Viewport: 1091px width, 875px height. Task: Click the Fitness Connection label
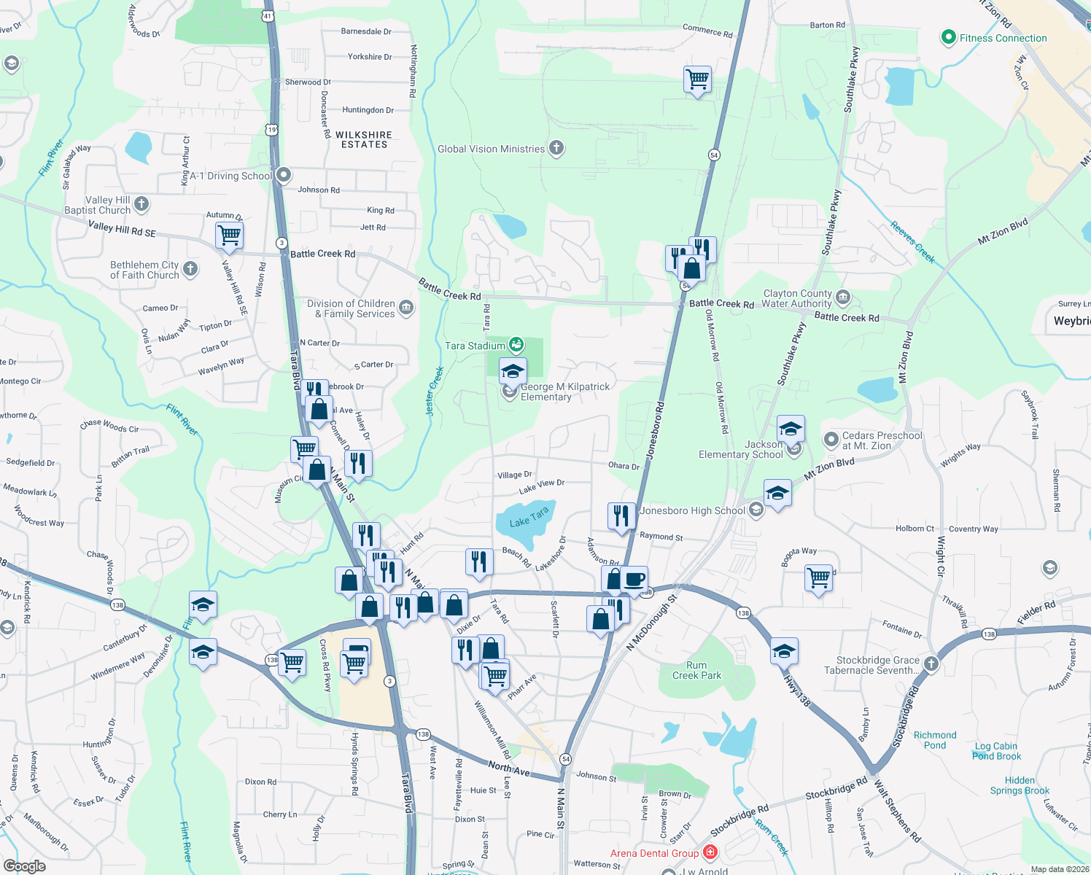pyautogui.click(x=1003, y=39)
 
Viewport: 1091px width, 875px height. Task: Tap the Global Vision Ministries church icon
pyautogui.click(x=556, y=149)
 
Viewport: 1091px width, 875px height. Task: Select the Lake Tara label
pyautogui.click(x=529, y=518)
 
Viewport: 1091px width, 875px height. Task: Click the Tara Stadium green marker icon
pyautogui.click(x=516, y=344)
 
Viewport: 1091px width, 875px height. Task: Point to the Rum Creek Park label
pyautogui.click(x=696, y=670)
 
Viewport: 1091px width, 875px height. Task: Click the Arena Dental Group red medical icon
pyautogui.click(x=710, y=852)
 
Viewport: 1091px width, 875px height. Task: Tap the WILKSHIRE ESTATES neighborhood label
pyautogui.click(x=364, y=140)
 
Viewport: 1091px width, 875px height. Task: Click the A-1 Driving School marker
pyautogui.click(x=284, y=175)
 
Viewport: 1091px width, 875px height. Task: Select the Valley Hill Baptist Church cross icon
pyautogui.click(x=141, y=205)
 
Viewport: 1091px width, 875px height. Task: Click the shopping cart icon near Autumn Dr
pyautogui.click(x=230, y=236)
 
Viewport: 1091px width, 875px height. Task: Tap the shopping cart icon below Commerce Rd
pyautogui.click(x=698, y=79)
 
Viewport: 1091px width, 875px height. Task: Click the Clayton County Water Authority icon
pyautogui.click(x=843, y=297)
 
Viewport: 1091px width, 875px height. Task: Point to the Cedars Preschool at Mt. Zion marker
pyautogui.click(x=831, y=440)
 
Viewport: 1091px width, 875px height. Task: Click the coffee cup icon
pyautogui.click(x=634, y=580)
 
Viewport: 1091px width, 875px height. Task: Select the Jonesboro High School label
pyautogui.click(x=692, y=510)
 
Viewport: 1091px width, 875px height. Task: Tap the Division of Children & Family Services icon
pyautogui.click(x=406, y=308)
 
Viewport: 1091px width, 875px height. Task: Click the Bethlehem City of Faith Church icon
pyautogui.click(x=190, y=269)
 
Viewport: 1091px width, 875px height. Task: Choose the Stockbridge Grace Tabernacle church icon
pyautogui.click(x=931, y=664)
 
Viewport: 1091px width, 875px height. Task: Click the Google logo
pyautogui.click(x=25, y=866)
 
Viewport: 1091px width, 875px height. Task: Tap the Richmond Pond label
pyautogui.click(x=934, y=740)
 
